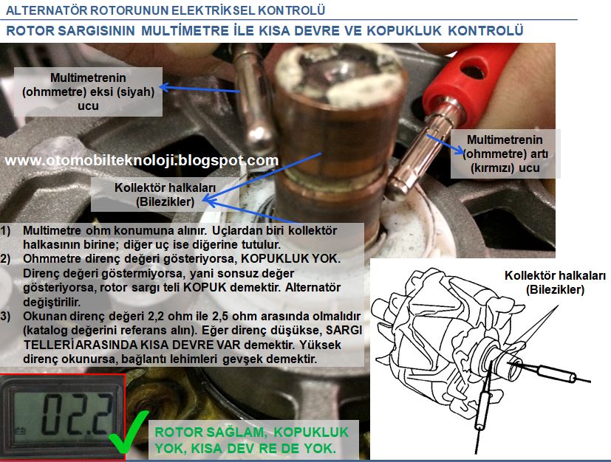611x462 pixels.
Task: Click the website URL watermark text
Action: tap(142, 160)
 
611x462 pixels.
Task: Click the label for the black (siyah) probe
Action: tap(88, 92)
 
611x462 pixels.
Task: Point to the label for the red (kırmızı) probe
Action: tap(505, 154)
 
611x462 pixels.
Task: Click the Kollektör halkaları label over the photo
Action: tap(165, 195)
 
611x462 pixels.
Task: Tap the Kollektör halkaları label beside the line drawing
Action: tap(555, 283)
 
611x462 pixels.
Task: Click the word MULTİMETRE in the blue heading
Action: tap(185, 30)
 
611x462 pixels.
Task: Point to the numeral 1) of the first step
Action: tap(5, 231)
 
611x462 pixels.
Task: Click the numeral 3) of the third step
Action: tap(5, 316)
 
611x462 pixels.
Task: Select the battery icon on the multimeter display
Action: tap(20, 431)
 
